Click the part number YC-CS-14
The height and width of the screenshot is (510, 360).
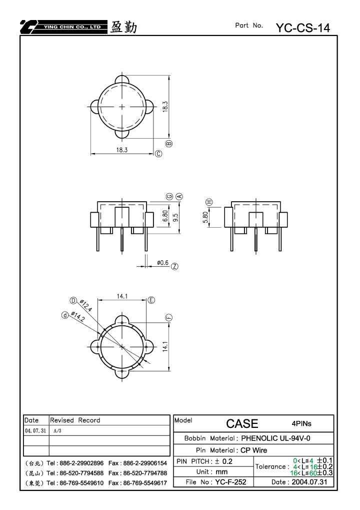[x=303, y=28]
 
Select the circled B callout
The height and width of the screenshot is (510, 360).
[x=169, y=144]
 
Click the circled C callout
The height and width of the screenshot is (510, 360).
[x=158, y=154]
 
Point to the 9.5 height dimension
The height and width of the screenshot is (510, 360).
[x=176, y=217]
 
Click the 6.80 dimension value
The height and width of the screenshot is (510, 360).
[x=165, y=216]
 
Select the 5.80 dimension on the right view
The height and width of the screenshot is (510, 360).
[x=205, y=217]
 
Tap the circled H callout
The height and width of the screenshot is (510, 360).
[x=209, y=202]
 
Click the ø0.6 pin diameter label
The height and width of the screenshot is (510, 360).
[x=163, y=262]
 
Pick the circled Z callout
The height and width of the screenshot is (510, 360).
[x=175, y=266]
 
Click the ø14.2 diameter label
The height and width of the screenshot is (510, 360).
[x=78, y=316]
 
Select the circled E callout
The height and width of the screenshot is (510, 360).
[x=151, y=300]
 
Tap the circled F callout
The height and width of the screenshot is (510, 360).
[x=169, y=318]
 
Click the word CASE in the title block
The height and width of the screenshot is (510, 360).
[x=242, y=423]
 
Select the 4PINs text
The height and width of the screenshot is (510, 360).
[x=301, y=423]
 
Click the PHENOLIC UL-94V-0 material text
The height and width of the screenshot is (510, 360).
[x=275, y=438]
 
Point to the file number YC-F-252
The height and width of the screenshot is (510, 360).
[x=230, y=482]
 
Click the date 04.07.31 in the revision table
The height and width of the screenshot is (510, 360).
[x=35, y=430]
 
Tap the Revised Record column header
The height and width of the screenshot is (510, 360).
[x=75, y=420]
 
